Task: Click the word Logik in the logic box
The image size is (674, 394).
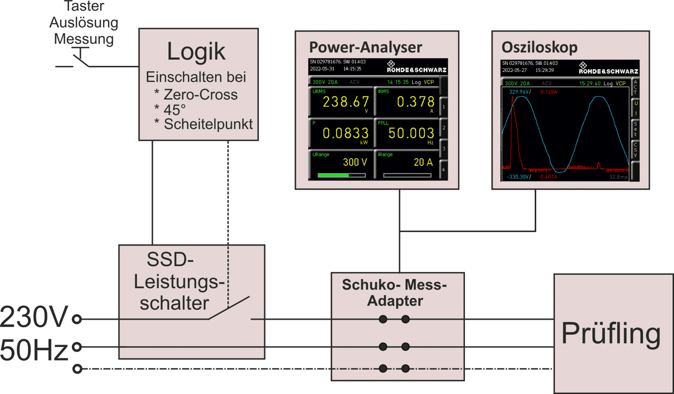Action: coord(196,52)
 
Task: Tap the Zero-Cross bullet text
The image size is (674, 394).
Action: coord(200,95)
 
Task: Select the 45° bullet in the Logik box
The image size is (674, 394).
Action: coord(174,110)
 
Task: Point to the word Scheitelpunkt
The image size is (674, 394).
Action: coord(208,124)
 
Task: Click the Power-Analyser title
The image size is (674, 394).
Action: coord(365,47)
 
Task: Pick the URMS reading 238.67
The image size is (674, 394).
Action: coord(346,102)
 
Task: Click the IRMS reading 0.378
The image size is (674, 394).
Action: coord(415,102)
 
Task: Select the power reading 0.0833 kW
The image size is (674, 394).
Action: coord(345,133)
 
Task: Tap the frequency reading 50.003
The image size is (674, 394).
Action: coord(411,133)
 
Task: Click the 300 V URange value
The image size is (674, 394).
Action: coord(355,162)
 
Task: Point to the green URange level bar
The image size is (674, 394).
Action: coord(333,175)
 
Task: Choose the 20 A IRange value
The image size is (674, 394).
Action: coord(423,162)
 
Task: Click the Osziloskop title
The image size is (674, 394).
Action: coord(539,47)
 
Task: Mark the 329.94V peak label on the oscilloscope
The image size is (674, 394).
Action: coord(519,92)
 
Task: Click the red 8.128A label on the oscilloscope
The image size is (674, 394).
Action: coord(549,92)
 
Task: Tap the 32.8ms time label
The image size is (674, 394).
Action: coord(618,177)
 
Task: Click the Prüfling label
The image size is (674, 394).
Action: coord(611,333)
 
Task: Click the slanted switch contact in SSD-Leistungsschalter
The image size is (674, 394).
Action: coord(229,308)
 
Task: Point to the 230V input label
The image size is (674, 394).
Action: coord(34,317)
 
